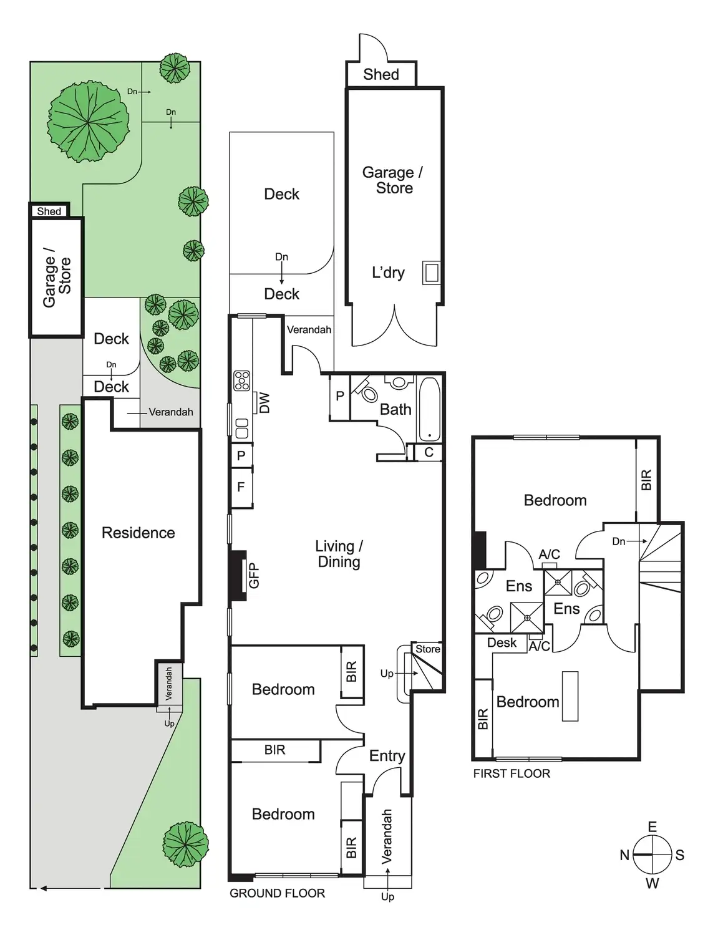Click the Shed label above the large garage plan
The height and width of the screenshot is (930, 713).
381,74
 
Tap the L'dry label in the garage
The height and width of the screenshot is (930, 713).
388,273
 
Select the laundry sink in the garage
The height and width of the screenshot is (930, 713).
431,273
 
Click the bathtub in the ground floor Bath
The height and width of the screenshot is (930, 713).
429,409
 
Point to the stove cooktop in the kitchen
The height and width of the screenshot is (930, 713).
241,380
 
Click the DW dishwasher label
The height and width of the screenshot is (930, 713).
264,402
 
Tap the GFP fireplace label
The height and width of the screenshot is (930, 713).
254,576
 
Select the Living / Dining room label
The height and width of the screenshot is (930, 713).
339,554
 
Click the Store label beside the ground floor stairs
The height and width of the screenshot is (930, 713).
428,649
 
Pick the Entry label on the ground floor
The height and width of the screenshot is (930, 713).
387,756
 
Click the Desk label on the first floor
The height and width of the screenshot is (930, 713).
502,642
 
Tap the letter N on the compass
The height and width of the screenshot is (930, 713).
624,855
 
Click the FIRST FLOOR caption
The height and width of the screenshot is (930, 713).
512,773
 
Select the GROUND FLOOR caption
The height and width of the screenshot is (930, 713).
277,893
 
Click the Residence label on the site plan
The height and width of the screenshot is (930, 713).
138,533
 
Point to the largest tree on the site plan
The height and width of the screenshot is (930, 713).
89,121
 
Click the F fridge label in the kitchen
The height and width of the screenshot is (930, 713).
241,487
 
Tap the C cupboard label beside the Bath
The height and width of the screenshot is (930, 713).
429,452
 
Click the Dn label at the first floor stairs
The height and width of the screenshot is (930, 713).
619,541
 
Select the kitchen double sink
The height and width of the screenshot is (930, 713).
241,429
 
